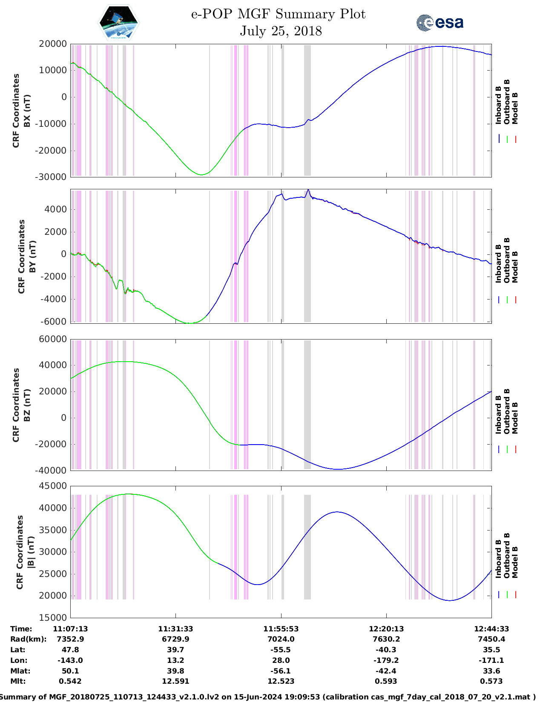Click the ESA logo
[x=440, y=23]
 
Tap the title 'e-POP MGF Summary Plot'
[x=278, y=14]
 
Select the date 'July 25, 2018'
[x=281, y=31]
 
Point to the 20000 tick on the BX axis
[x=52, y=44]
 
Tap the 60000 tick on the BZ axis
[x=52, y=339]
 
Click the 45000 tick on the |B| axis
[x=52, y=486]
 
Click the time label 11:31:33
[x=175, y=629]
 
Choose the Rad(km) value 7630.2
[x=386, y=639]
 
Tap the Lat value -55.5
[x=281, y=650]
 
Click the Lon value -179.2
[x=386, y=660]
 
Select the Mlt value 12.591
[x=175, y=681]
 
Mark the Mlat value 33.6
[x=491, y=671]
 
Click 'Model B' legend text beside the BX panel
[x=515, y=108]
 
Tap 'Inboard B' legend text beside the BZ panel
[x=498, y=415]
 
